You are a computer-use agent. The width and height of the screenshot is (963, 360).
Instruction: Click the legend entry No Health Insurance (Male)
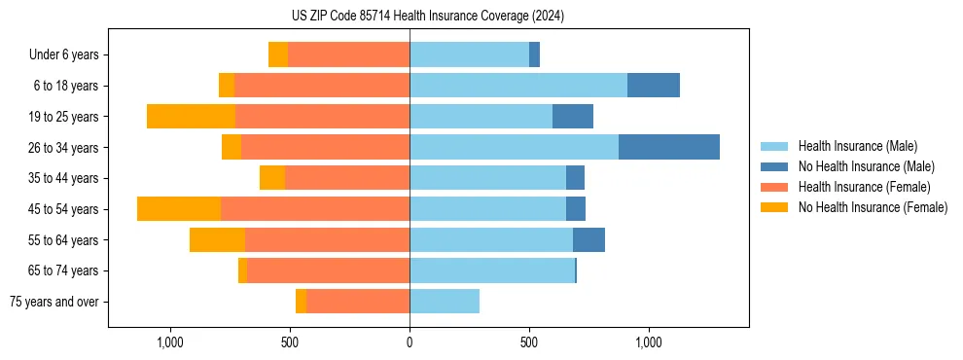(x=866, y=166)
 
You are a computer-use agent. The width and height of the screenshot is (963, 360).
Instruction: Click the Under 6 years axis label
(x=64, y=55)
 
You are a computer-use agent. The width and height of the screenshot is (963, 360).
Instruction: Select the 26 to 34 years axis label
(x=65, y=148)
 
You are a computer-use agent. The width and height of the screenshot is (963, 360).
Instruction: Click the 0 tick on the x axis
(x=410, y=343)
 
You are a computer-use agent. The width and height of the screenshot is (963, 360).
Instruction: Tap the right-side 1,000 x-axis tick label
(x=649, y=343)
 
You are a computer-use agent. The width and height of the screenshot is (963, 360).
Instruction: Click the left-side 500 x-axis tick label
(x=290, y=343)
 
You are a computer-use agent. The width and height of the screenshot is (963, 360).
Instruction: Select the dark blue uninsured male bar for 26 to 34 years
(x=669, y=147)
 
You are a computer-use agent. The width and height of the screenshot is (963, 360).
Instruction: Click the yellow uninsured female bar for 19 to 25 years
(x=191, y=117)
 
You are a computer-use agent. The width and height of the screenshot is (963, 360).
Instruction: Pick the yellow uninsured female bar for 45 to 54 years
(x=179, y=209)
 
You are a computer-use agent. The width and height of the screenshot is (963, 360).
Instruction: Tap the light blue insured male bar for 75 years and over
(x=445, y=302)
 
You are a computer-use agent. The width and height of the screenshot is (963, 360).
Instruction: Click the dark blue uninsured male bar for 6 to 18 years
(x=654, y=86)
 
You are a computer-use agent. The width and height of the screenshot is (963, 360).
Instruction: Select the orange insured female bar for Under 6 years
(x=348, y=55)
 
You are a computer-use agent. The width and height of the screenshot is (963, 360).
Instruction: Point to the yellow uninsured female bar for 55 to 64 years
(x=217, y=240)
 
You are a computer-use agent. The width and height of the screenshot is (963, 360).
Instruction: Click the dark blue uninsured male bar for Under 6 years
(x=534, y=55)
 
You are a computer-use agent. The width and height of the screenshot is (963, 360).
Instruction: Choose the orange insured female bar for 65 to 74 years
(x=328, y=270)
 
